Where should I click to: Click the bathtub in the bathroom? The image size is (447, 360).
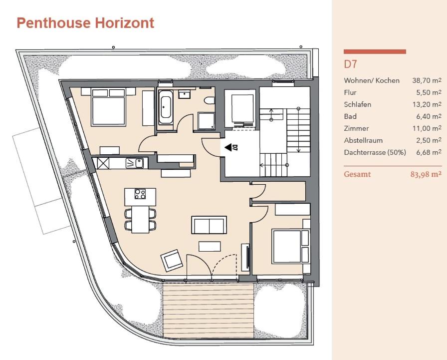[165, 107]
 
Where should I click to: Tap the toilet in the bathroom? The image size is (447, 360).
[210, 100]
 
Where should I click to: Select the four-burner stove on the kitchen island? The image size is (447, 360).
[140, 194]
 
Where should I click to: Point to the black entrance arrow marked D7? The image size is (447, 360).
[228, 147]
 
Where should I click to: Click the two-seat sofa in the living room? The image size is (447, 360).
[209, 225]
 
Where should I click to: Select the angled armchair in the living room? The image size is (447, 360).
[172, 261]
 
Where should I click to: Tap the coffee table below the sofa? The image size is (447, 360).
[210, 247]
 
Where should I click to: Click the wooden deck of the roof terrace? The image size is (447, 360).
[209, 311]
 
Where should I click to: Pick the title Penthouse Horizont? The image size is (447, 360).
[85, 23]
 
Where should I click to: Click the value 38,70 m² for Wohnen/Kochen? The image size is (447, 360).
[427, 80]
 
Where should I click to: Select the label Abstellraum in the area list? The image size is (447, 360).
[363, 140]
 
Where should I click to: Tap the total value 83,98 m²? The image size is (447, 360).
[426, 174]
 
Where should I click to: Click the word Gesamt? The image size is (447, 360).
[357, 174]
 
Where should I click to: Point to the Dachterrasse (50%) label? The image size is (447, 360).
[375, 152]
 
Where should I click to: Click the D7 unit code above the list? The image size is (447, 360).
[350, 64]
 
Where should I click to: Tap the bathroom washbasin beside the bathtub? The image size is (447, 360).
[185, 94]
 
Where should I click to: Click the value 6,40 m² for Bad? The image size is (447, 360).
[429, 116]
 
